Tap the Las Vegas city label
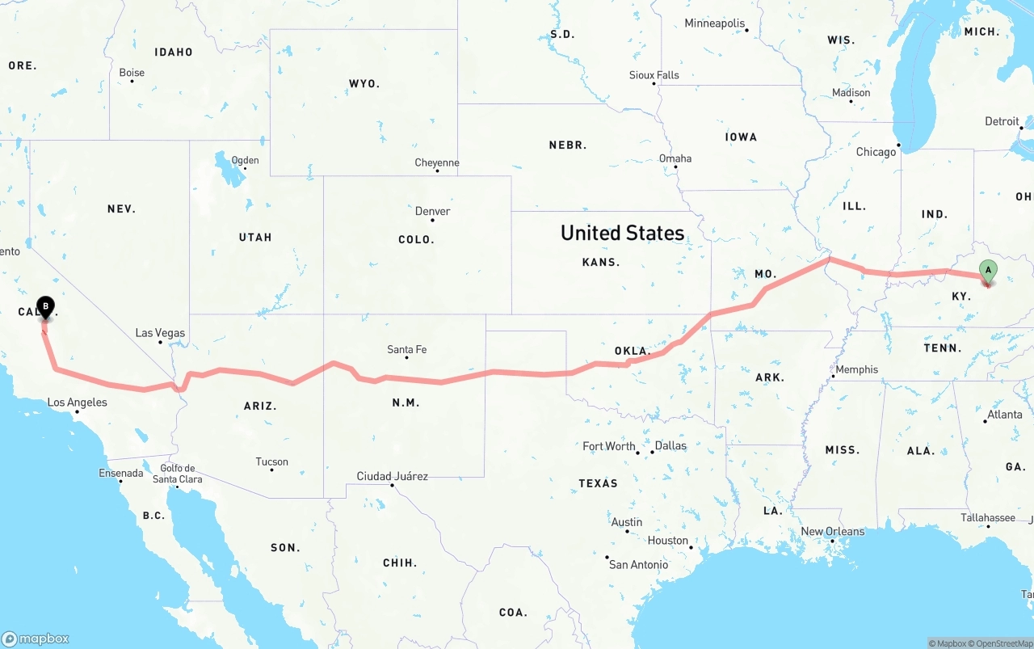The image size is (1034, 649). click(160, 333)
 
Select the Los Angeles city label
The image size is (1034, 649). click(77, 402)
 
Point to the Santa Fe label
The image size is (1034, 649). click(406, 350)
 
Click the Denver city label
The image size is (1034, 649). click(432, 212)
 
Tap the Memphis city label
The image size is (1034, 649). click(856, 369)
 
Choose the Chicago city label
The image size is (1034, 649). click(876, 152)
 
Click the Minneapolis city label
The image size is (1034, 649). click(714, 23)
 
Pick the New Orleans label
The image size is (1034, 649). click(832, 532)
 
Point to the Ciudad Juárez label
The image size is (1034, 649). click(392, 476)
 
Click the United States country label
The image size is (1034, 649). click(622, 233)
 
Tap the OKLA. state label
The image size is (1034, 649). click(633, 351)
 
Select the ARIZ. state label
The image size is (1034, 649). click(260, 406)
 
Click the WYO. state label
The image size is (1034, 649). click(364, 83)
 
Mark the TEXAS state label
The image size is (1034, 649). click(598, 483)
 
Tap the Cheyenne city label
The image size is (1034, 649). click(437, 163)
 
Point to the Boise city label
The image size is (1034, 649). click(132, 73)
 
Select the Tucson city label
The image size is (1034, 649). click(271, 462)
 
